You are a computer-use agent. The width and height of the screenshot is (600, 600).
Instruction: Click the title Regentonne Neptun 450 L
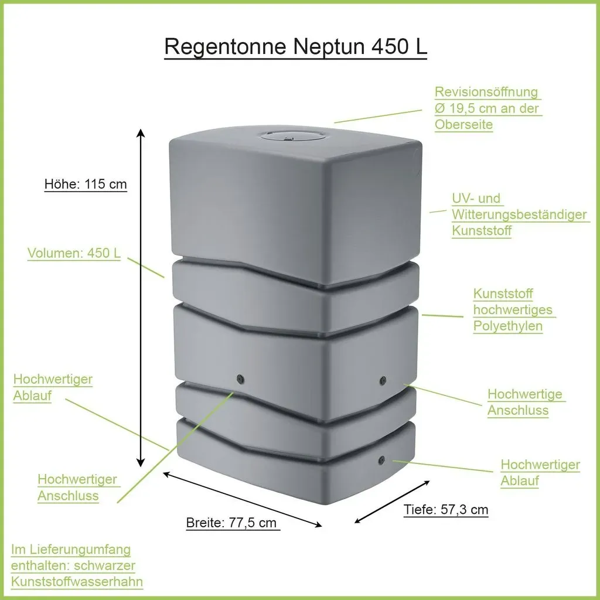[295, 47]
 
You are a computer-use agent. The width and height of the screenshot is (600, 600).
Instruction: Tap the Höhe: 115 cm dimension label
[86, 184]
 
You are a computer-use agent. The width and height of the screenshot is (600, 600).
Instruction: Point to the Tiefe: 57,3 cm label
[446, 510]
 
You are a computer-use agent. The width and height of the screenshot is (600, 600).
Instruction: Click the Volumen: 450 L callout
[74, 253]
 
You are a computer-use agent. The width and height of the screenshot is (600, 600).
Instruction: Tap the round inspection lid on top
[292, 136]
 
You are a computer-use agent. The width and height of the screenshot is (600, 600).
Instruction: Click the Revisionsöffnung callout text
[488, 108]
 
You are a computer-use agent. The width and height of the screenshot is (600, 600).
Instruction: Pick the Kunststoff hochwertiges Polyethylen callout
[514, 310]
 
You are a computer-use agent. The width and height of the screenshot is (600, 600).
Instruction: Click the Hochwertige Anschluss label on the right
[526, 402]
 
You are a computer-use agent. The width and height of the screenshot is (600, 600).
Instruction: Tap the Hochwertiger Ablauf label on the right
[540, 473]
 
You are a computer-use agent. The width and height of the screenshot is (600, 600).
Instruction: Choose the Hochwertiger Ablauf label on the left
[53, 387]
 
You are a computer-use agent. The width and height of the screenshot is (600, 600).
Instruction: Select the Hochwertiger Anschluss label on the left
[78, 487]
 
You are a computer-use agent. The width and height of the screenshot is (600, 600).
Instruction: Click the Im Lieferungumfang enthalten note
[77, 565]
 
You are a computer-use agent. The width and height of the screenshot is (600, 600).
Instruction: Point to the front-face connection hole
[240, 379]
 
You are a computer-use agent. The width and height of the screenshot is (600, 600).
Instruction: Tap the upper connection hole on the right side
[383, 380]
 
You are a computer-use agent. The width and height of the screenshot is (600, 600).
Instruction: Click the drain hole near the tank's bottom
[381, 461]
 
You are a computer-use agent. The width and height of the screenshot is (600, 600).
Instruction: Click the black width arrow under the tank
[243, 500]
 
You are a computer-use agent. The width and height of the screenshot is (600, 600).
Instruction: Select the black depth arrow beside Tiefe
[392, 502]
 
